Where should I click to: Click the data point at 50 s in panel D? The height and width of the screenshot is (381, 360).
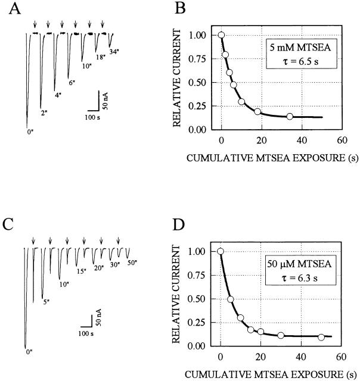tap(321, 337)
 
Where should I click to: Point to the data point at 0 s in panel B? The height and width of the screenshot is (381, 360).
tap(221, 35)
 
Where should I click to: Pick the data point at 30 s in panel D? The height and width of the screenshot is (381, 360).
tap(281, 335)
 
